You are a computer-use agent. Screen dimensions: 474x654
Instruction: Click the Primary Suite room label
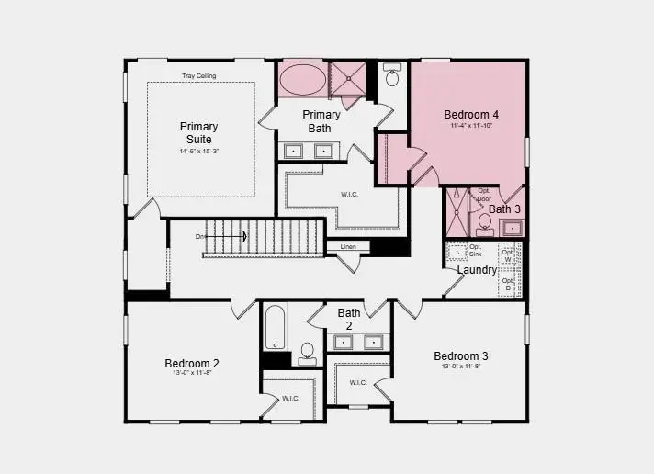198,132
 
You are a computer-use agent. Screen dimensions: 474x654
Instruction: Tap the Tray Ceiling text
199,75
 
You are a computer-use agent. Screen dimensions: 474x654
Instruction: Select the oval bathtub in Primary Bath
300,79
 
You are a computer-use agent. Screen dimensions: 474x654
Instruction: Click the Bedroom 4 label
471,115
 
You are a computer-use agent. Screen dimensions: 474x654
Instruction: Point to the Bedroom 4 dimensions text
471,126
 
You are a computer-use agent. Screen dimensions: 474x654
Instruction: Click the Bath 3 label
504,209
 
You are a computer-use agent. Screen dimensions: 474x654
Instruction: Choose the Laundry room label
477,270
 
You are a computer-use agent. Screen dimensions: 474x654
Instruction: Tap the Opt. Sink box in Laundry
457,251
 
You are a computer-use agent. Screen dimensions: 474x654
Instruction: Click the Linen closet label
348,247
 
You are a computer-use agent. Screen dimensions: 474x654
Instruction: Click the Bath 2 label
348,319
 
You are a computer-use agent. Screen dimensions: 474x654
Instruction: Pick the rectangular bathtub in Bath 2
276,327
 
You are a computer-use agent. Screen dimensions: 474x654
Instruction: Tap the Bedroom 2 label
192,363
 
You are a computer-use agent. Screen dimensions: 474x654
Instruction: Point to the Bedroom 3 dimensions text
461,367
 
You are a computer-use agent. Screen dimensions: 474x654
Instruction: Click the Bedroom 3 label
461,356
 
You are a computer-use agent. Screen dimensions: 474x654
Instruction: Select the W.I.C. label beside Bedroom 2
291,399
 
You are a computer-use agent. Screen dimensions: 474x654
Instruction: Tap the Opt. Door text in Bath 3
482,195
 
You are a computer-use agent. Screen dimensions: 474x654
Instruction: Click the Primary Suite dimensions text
198,151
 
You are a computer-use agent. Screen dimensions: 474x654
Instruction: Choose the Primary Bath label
321,121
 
